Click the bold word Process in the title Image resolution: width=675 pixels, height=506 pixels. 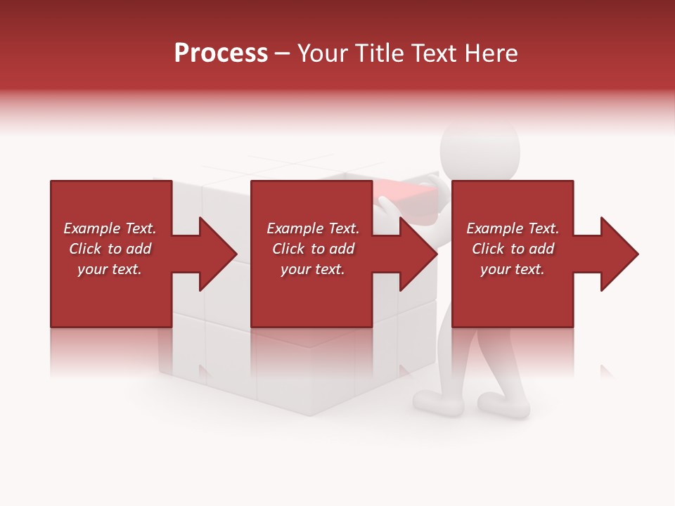[221, 53]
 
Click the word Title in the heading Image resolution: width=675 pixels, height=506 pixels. [380, 53]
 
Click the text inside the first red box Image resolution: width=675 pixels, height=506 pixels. [110, 249]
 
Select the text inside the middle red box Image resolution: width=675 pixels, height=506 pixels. [312, 249]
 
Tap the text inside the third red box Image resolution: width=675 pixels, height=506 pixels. [512, 249]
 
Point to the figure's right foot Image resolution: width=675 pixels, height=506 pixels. [503, 405]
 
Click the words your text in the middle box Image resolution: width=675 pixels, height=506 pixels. [312, 269]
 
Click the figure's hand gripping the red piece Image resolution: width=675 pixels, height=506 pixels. [385, 205]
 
